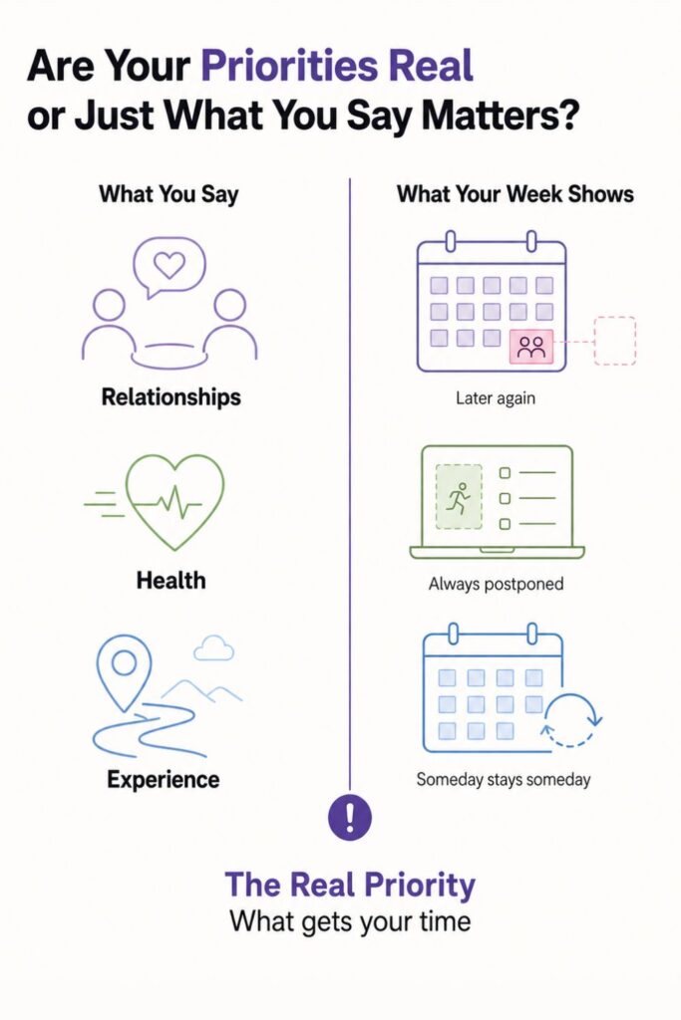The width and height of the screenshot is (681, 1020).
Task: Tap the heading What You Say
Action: coord(169,194)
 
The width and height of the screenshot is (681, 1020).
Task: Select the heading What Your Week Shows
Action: coord(514,194)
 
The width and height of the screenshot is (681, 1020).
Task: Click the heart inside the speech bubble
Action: coord(170,264)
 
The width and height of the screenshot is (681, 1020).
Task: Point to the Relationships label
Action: coord(171,396)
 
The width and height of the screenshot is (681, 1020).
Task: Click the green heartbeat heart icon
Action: coord(174,502)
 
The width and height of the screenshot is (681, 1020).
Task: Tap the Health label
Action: coord(171,580)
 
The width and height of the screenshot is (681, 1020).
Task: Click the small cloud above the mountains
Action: coord(214,648)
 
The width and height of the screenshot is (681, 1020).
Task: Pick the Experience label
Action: coord(164,779)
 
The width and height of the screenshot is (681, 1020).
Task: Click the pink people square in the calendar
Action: coord(531,347)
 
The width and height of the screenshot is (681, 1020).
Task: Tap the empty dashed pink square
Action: coord(614,341)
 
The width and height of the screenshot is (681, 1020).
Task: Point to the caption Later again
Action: coord(496,397)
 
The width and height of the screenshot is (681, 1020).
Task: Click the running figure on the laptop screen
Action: coord(460,498)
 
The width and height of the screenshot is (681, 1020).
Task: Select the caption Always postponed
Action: coord(497,584)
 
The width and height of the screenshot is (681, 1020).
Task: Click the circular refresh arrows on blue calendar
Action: coord(572,720)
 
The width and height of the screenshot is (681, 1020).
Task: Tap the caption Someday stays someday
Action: coord(504,779)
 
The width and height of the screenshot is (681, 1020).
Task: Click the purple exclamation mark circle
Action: coord(350,817)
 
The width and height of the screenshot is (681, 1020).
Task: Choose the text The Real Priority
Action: coord(350,885)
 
